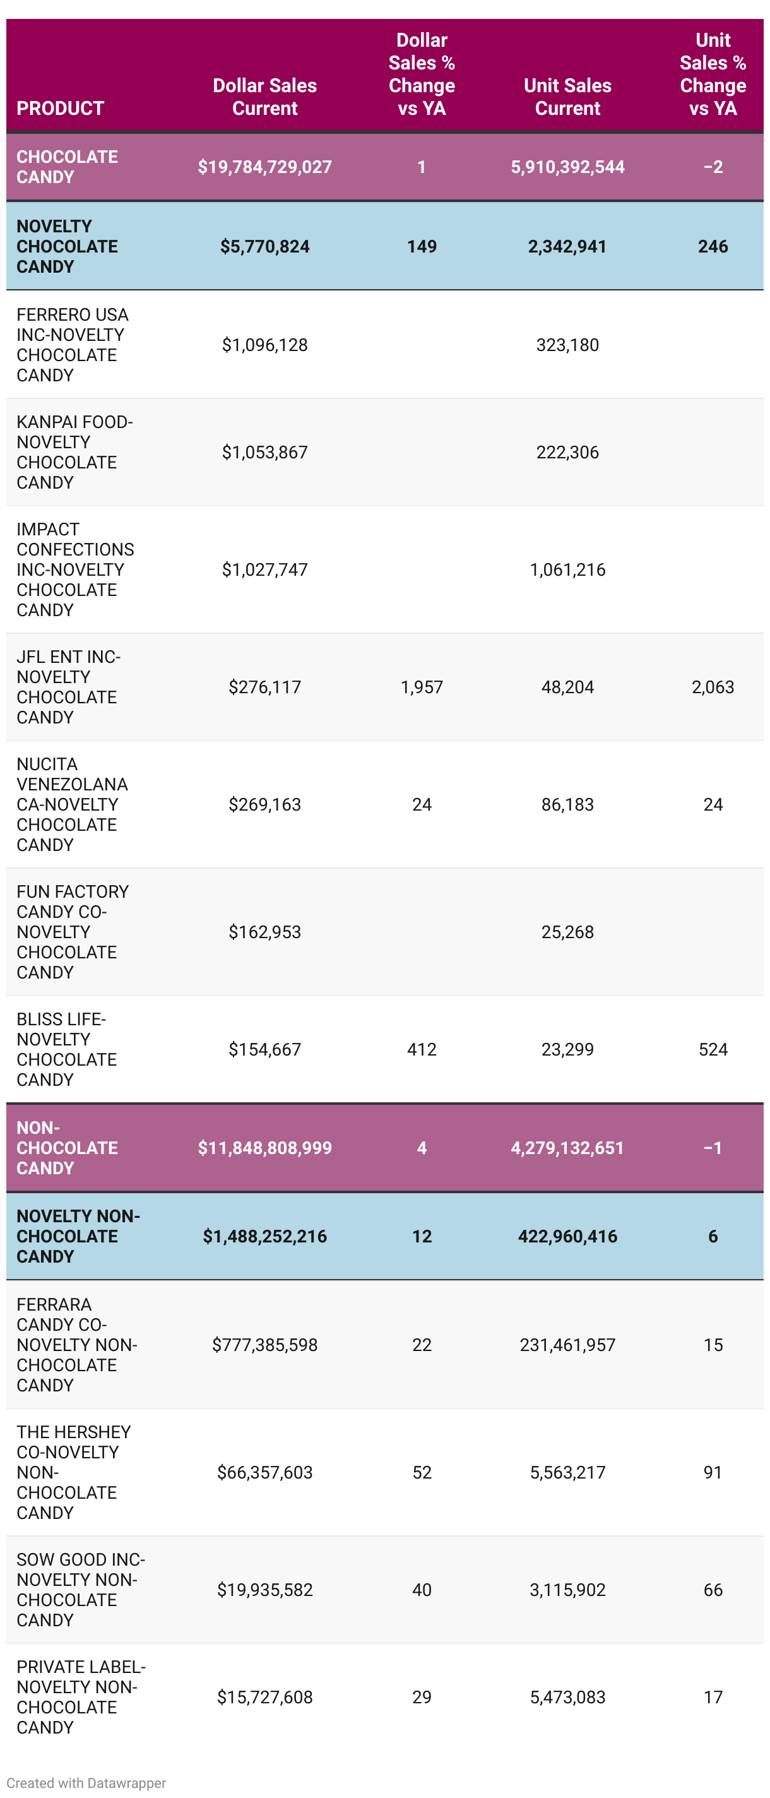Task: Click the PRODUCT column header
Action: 60,108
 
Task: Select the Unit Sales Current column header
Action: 567,97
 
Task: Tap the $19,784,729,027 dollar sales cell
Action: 264,167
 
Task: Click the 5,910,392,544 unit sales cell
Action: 567,167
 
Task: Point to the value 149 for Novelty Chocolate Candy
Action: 422,246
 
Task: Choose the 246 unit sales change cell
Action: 712,246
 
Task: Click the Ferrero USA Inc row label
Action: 72,345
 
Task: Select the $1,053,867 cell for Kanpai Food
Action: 264,452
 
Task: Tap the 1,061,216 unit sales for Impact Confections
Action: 567,569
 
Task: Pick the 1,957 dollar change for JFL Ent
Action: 422,687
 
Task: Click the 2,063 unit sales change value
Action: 712,687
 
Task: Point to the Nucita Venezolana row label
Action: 72,804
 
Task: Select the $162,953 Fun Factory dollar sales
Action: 264,932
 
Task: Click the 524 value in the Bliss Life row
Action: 712,1049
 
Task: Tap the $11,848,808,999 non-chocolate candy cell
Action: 264,1148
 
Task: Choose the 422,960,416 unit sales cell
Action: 567,1236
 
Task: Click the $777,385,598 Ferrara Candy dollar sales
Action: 264,1345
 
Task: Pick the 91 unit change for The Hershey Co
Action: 712,1472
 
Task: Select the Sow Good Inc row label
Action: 80,1589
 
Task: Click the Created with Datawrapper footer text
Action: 86,1783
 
